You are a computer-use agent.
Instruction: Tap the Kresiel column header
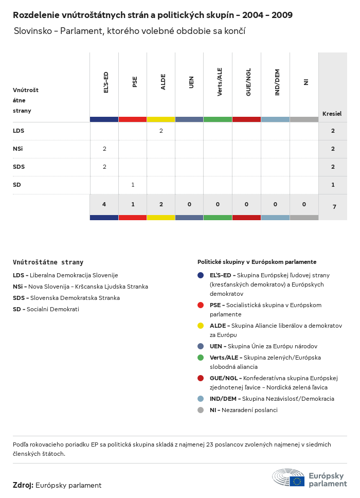point(332,114)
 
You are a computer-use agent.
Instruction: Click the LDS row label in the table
point(19,131)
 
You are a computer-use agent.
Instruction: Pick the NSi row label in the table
point(18,149)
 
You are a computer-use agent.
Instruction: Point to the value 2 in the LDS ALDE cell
point(161,131)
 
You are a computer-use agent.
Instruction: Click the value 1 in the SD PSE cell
point(133,185)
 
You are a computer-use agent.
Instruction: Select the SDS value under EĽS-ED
point(104,167)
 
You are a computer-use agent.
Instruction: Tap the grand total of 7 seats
point(334,207)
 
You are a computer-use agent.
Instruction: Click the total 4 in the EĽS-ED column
point(104,204)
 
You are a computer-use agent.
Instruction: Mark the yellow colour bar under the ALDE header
point(161,119)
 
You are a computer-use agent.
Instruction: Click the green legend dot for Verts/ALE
point(201,358)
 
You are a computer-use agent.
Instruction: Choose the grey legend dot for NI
point(201,410)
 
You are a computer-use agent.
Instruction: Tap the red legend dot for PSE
point(201,305)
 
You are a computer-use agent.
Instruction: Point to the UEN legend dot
point(201,346)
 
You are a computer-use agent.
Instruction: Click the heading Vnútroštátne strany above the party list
point(48,262)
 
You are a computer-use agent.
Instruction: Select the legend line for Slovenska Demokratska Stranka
point(66,298)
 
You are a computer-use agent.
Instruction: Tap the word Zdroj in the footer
point(23,485)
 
